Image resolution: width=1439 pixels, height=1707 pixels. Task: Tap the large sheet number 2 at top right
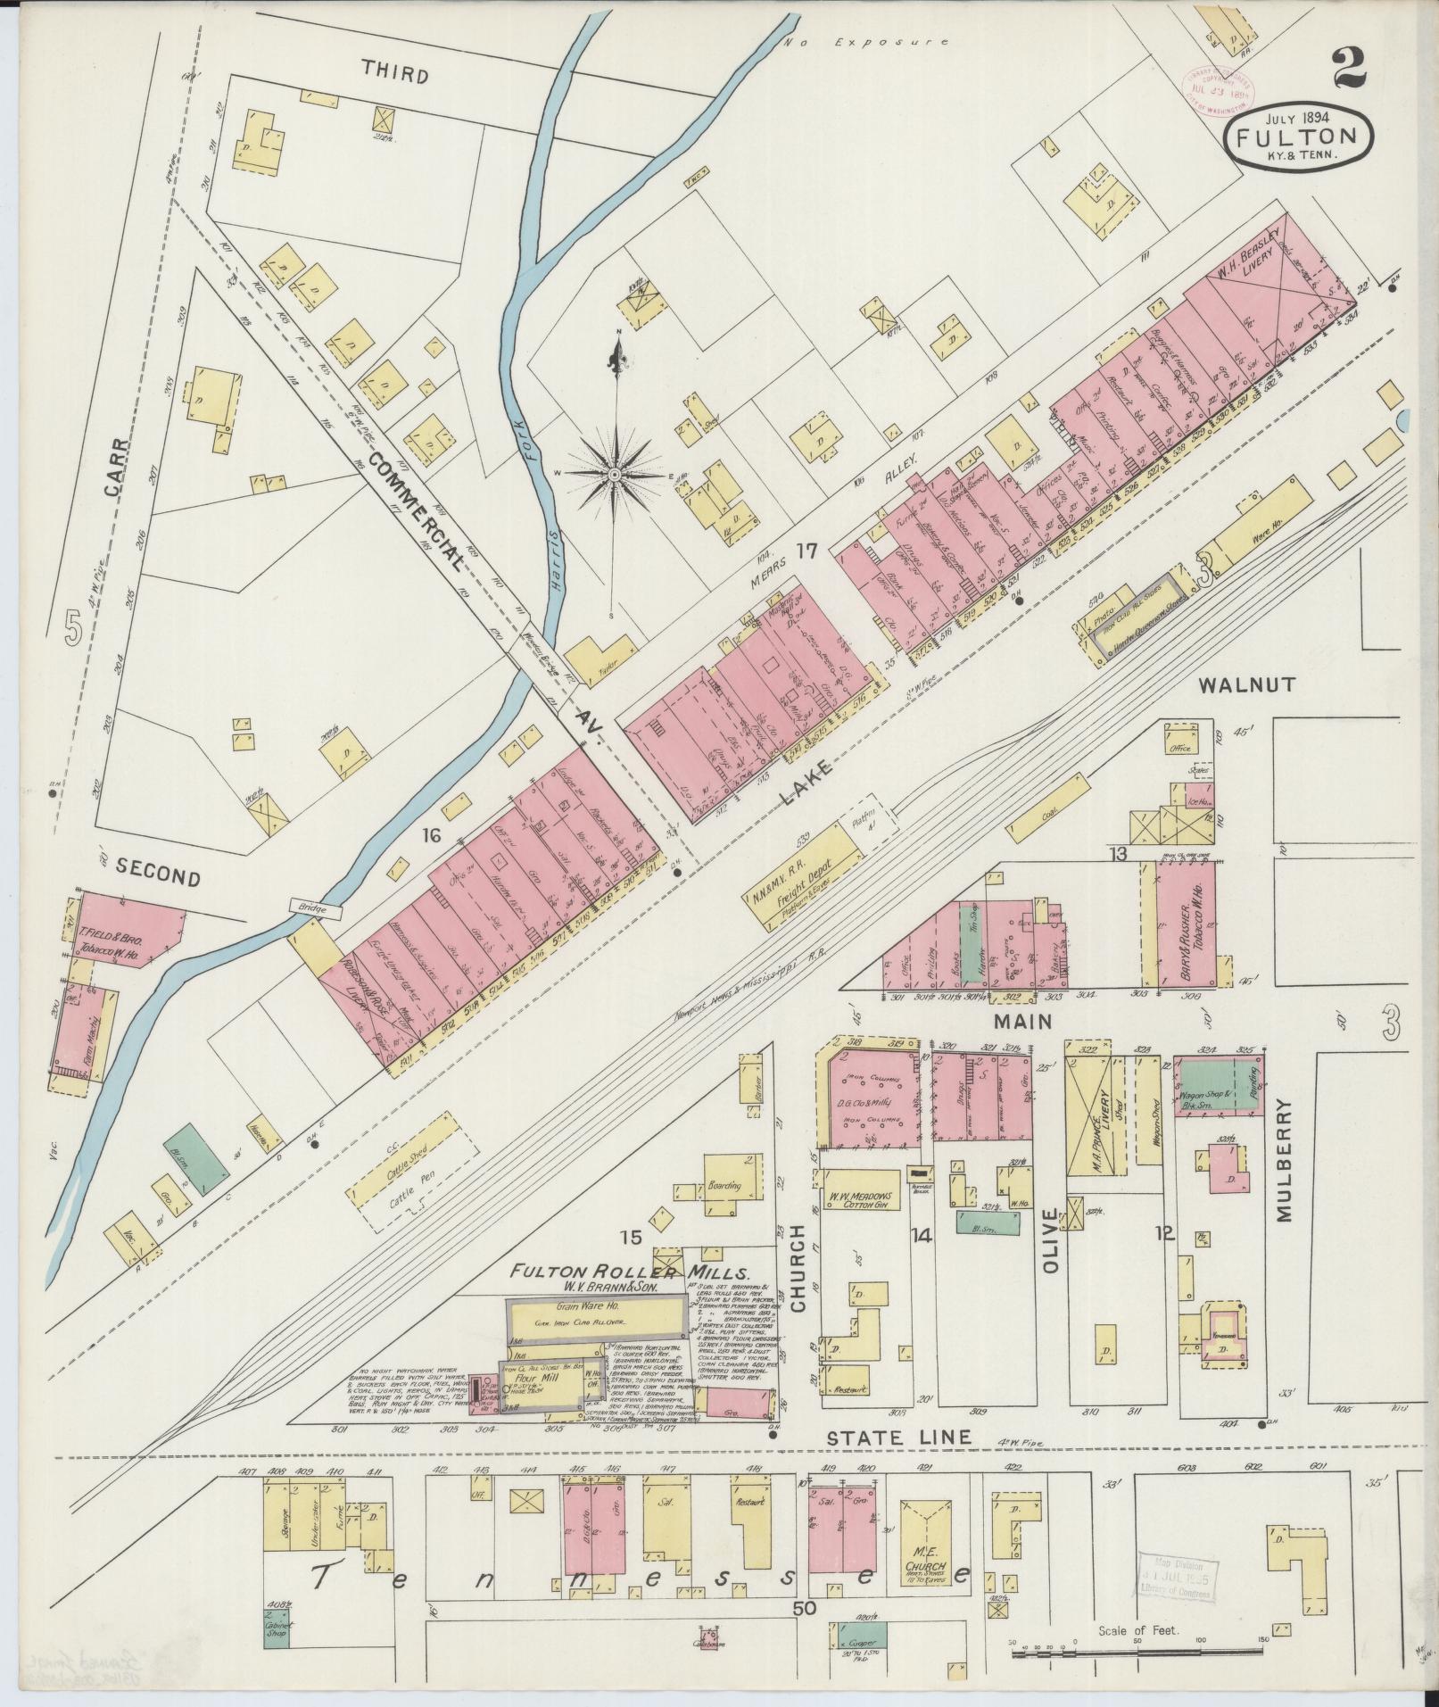(x=1351, y=69)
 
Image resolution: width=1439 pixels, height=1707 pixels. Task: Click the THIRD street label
(x=395, y=75)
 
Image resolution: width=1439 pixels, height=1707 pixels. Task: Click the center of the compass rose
(x=614, y=476)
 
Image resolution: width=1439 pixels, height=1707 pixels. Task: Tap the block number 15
(x=632, y=1237)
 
